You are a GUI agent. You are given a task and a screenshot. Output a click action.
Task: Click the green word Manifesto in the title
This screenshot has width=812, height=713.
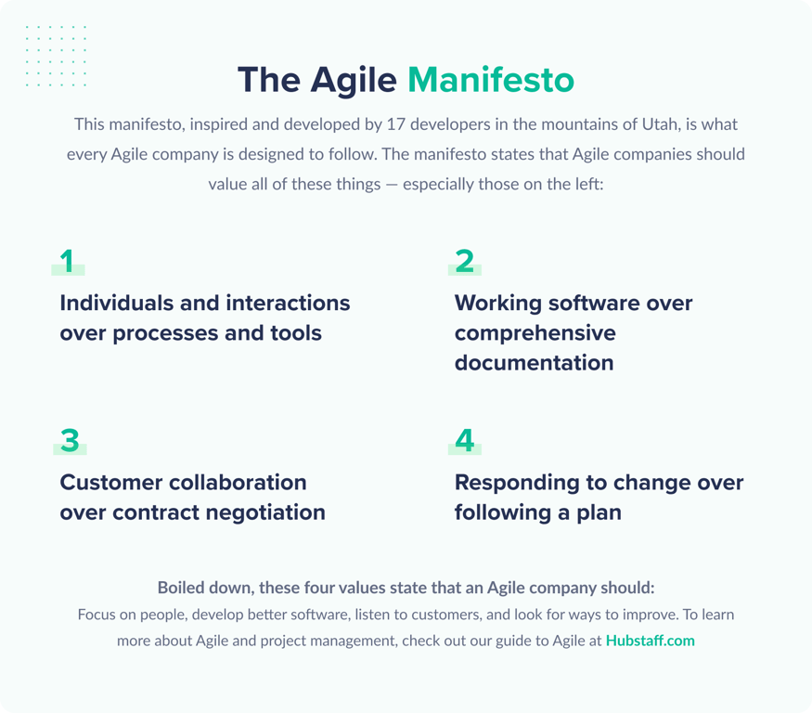click(491, 80)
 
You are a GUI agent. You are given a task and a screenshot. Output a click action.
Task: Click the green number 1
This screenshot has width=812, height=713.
click(67, 262)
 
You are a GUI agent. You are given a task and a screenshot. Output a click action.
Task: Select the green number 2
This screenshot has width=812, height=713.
click(464, 262)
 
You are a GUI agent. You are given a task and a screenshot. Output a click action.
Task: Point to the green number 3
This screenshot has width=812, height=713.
click(70, 441)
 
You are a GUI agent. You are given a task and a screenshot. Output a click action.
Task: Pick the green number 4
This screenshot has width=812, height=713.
click(464, 441)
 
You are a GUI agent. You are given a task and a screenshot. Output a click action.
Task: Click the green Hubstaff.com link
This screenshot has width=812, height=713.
click(650, 641)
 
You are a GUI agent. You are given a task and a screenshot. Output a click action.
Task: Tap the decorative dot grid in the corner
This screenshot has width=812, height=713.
click(56, 56)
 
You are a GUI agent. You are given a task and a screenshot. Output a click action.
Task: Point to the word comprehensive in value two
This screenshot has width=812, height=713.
click(535, 332)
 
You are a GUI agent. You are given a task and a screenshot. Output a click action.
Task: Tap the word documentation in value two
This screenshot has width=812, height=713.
click(534, 362)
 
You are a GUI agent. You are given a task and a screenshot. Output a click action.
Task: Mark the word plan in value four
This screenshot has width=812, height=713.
click(598, 512)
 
